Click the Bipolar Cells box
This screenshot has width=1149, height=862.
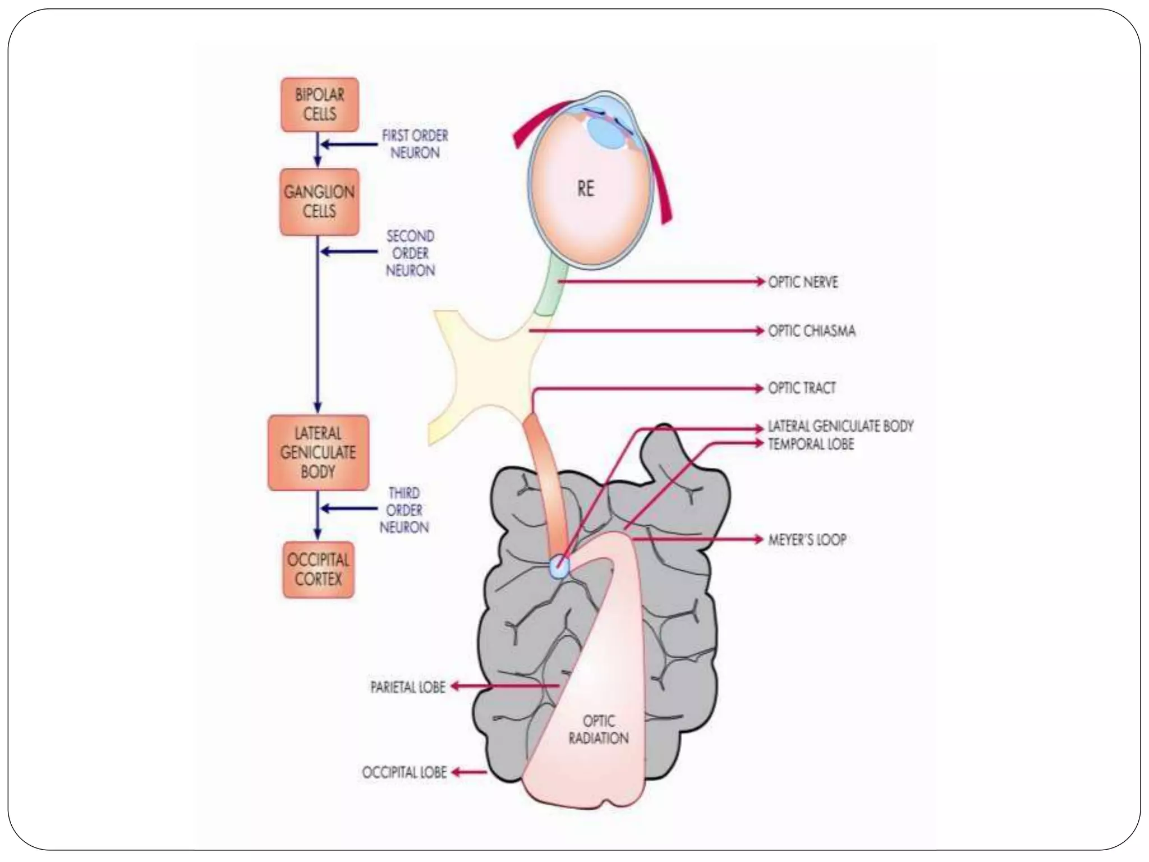(x=319, y=105)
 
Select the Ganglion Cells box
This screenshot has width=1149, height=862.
(x=319, y=202)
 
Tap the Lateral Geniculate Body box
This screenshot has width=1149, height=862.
(x=318, y=452)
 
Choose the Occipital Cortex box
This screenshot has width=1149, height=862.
(x=318, y=569)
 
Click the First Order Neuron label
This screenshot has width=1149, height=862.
(x=415, y=144)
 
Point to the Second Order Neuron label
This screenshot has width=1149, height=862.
(x=410, y=253)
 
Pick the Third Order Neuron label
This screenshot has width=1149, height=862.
(x=404, y=510)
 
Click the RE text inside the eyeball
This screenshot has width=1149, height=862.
(x=585, y=189)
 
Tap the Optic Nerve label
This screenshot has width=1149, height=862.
(x=803, y=282)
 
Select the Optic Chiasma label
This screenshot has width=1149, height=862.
(x=811, y=331)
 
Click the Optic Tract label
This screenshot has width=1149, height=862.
(x=802, y=388)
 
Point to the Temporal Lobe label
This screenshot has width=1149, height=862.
(x=811, y=444)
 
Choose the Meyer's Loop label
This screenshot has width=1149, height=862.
(x=807, y=540)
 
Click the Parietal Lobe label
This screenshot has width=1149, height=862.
(x=408, y=687)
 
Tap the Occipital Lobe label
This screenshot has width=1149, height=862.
(x=405, y=773)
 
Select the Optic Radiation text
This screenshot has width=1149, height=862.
(x=599, y=730)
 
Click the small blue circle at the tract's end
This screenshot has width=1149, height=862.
(x=559, y=566)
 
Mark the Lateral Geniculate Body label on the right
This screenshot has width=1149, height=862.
(x=840, y=427)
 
